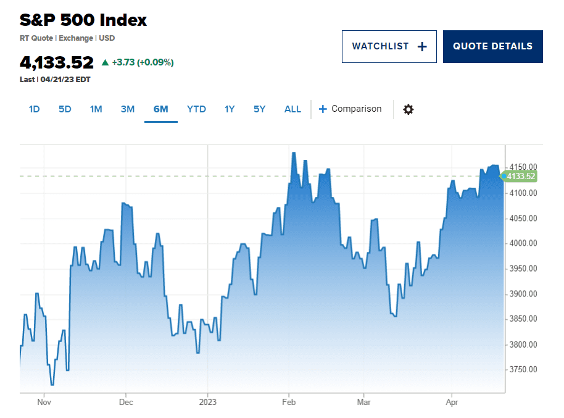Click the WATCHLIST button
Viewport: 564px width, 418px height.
coord(389,46)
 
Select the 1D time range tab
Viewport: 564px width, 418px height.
coord(34,109)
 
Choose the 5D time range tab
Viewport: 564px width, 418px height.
coord(65,109)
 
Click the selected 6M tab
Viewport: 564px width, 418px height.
coord(160,109)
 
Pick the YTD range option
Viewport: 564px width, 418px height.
coord(196,109)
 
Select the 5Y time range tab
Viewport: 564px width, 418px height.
coord(259,109)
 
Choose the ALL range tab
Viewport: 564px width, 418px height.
coord(292,109)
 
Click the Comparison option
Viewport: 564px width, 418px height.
coord(350,109)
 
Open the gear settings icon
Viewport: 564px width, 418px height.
coord(408,109)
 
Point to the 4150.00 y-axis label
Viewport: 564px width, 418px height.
coord(522,167)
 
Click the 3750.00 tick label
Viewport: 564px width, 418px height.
coord(522,370)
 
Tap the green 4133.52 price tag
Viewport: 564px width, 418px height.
coord(520,176)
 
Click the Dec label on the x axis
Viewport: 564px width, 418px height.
coord(126,401)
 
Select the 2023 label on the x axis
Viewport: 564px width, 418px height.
coord(208,401)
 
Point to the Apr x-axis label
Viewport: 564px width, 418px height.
coord(451,401)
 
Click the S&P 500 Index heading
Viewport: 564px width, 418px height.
coord(83,20)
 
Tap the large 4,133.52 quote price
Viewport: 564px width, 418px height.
coord(57,62)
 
